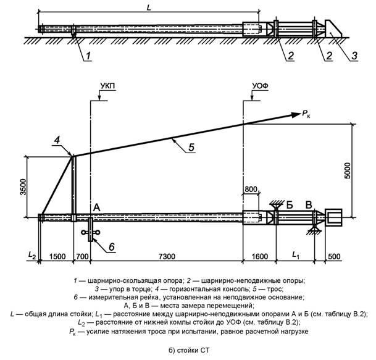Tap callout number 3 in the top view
click(x=354, y=56)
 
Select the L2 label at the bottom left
click(x=32, y=255)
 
